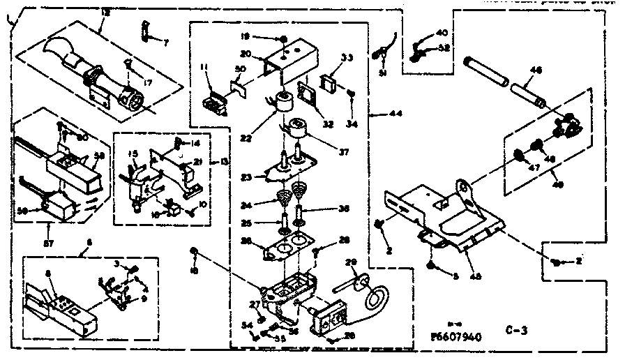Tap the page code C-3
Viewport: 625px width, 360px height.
(516, 333)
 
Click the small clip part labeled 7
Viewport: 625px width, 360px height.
(146, 30)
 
